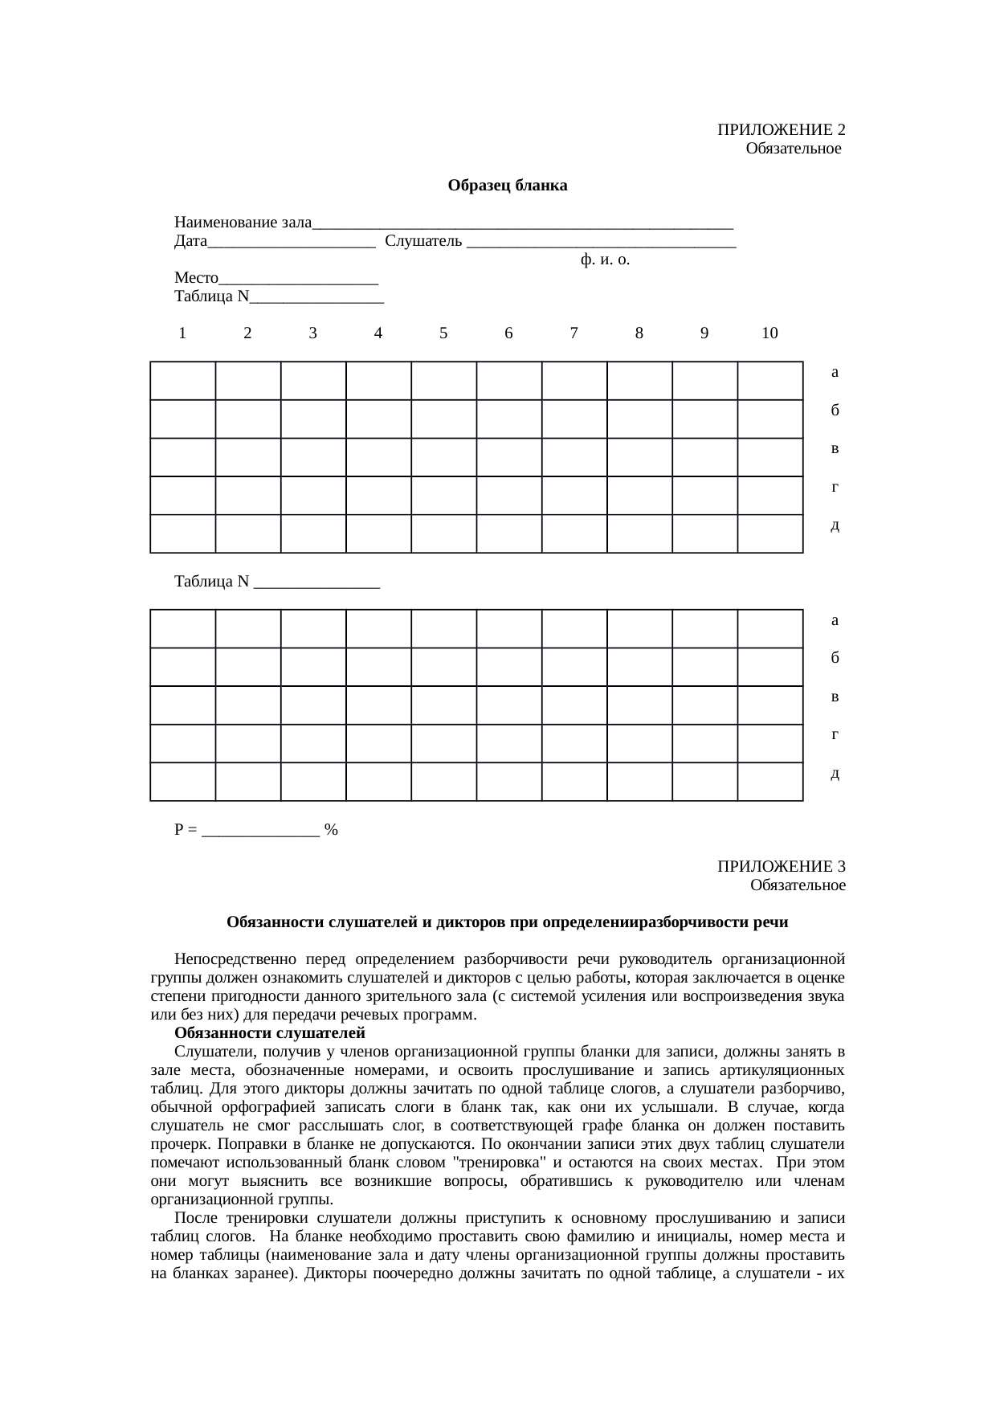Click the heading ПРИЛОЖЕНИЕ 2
781,130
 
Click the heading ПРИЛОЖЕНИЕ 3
781,867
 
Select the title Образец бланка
507,186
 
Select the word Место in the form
196,278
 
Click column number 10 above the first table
769,333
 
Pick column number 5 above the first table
443,333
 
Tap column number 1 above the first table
183,333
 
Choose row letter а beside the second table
835,620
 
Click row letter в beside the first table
835,448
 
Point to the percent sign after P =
331,830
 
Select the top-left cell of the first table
182,381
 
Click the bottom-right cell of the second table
769,782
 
